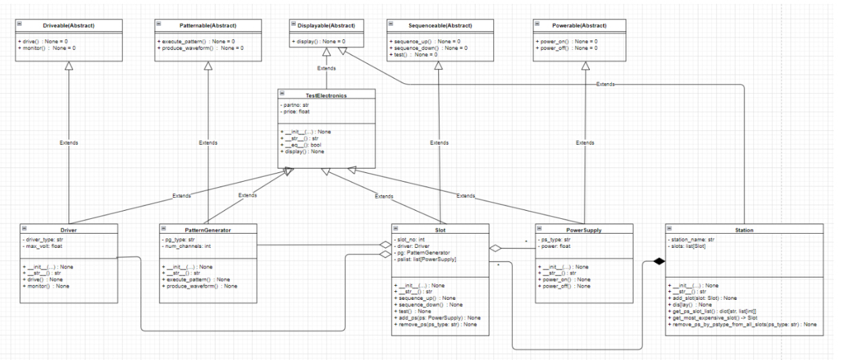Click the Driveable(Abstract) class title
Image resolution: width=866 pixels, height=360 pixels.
coord(69,26)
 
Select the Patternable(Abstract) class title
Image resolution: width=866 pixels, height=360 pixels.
coord(207,26)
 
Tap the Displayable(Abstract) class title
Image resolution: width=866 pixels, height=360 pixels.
coord(326,26)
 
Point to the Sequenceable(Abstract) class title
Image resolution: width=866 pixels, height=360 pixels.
coord(439,26)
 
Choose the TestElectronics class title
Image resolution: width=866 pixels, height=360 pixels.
coord(326,95)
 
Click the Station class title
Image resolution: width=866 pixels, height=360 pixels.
coord(744,230)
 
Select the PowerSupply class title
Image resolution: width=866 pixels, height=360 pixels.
coord(585,230)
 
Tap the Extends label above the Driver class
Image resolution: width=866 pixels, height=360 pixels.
coord(68,143)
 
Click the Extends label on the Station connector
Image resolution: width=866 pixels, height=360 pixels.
coord(605,84)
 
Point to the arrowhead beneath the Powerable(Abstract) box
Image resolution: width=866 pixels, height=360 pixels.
coord(585,66)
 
